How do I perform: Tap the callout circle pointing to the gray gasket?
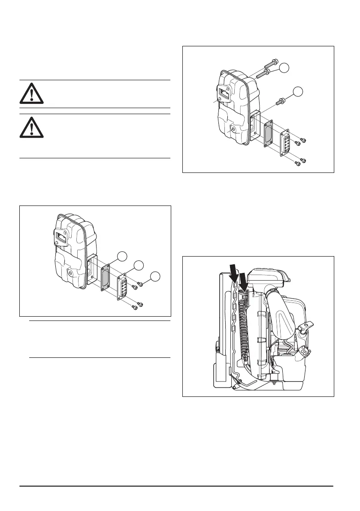[123, 257]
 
